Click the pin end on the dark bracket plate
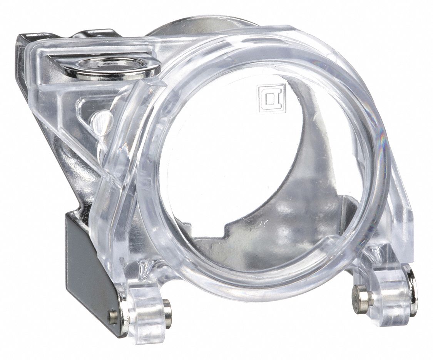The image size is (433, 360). pos(112,317)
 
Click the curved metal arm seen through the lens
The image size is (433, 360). pos(308,154)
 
